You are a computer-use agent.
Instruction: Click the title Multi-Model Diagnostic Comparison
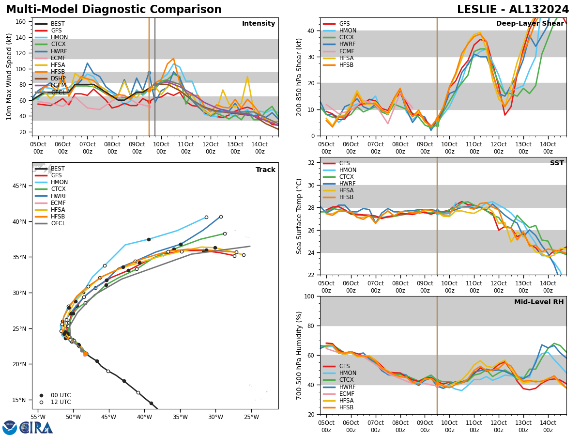pyautogui.click(x=114, y=10)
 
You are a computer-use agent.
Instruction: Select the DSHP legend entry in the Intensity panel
pyautogui.click(x=57, y=78)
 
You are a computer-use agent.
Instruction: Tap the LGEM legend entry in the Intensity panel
pyautogui.click(x=57, y=85)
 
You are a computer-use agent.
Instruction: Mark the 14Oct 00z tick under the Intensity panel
pyautogui.click(x=260, y=147)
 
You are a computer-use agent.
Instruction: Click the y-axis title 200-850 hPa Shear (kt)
pyautogui.click(x=299, y=77)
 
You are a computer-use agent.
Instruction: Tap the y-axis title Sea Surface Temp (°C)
pyautogui.click(x=299, y=216)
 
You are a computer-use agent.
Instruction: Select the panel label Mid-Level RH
pyautogui.click(x=539, y=302)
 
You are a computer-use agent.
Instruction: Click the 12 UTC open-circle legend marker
pyautogui.click(x=41, y=402)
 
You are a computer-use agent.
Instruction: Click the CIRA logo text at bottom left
pyautogui.click(x=36, y=428)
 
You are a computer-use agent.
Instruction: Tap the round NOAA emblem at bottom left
pyautogui.click(x=10, y=428)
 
